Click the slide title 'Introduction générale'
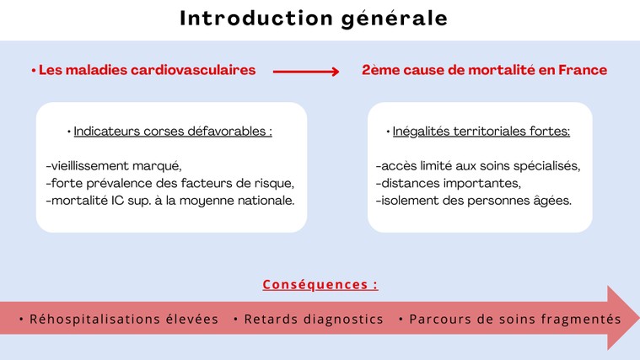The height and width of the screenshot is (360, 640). [314, 19]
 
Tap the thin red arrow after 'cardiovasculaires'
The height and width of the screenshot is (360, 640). [306, 72]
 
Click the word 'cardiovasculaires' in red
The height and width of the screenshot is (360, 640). [193, 70]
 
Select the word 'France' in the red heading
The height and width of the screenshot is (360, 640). [583, 70]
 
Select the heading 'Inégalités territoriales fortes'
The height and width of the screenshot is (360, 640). [481, 132]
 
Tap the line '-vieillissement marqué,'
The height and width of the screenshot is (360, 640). [114, 166]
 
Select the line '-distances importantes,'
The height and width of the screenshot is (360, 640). [449, 183]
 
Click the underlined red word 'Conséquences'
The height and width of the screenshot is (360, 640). [315, 284]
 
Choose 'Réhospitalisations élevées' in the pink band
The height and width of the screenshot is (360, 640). [124, 319]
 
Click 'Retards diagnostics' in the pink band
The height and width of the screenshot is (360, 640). [314, 320]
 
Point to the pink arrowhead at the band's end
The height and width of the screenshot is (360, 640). [623, 318]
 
